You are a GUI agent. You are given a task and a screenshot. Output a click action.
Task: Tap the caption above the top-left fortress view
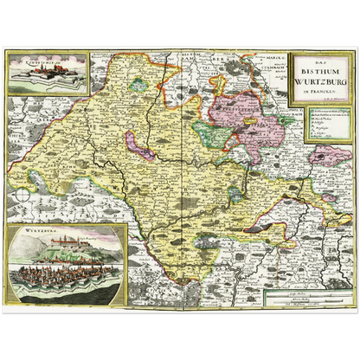tap(33, 61)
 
